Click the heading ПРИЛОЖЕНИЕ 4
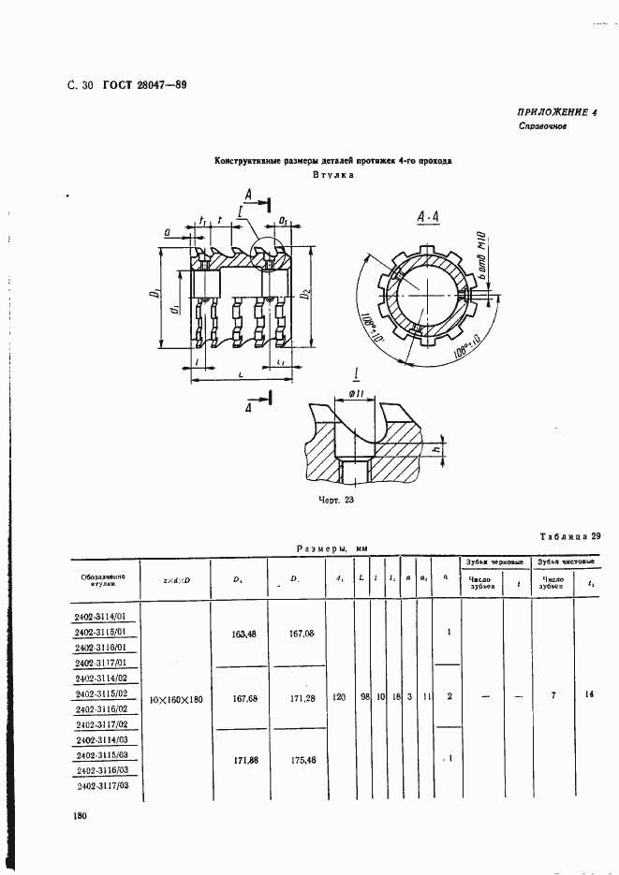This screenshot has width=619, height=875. (557, 112)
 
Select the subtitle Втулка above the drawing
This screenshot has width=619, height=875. (332, 175)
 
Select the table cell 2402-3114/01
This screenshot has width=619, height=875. (105, 617)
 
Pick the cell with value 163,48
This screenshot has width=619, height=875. (244, 634)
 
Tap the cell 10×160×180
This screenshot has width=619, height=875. (176, 699)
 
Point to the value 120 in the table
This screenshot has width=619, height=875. (340, 697)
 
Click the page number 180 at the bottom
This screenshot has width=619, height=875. (80, 817)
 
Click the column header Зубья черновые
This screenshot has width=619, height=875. (494, 561)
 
